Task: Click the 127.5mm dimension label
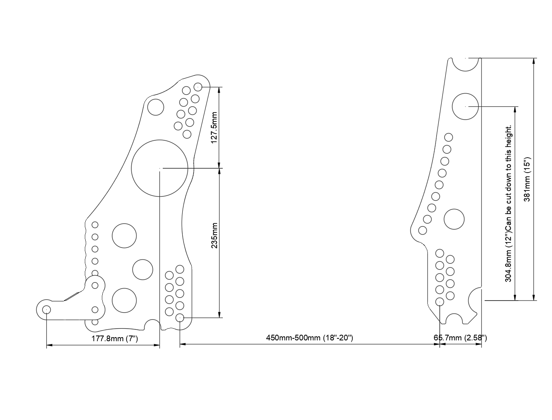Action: pyautogui.click(x=214, y=128)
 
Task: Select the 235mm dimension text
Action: pyautogui.click(x=214, y=235)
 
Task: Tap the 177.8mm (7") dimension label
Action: pyautogui.click(x=115, y=338)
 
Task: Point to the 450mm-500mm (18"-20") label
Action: pyautogui.click(x=309, y=338)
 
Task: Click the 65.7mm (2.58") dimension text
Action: pyautogui.click(x=460, y=338)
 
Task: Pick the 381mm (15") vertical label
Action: pyautogui.click(x=526, y=179)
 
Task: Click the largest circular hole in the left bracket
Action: pyautogui.click(x=160, y=168)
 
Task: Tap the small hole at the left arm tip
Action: pyautogui.click(x=47, y=310)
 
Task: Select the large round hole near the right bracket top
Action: pyautogui.click(x=465, y=106)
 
